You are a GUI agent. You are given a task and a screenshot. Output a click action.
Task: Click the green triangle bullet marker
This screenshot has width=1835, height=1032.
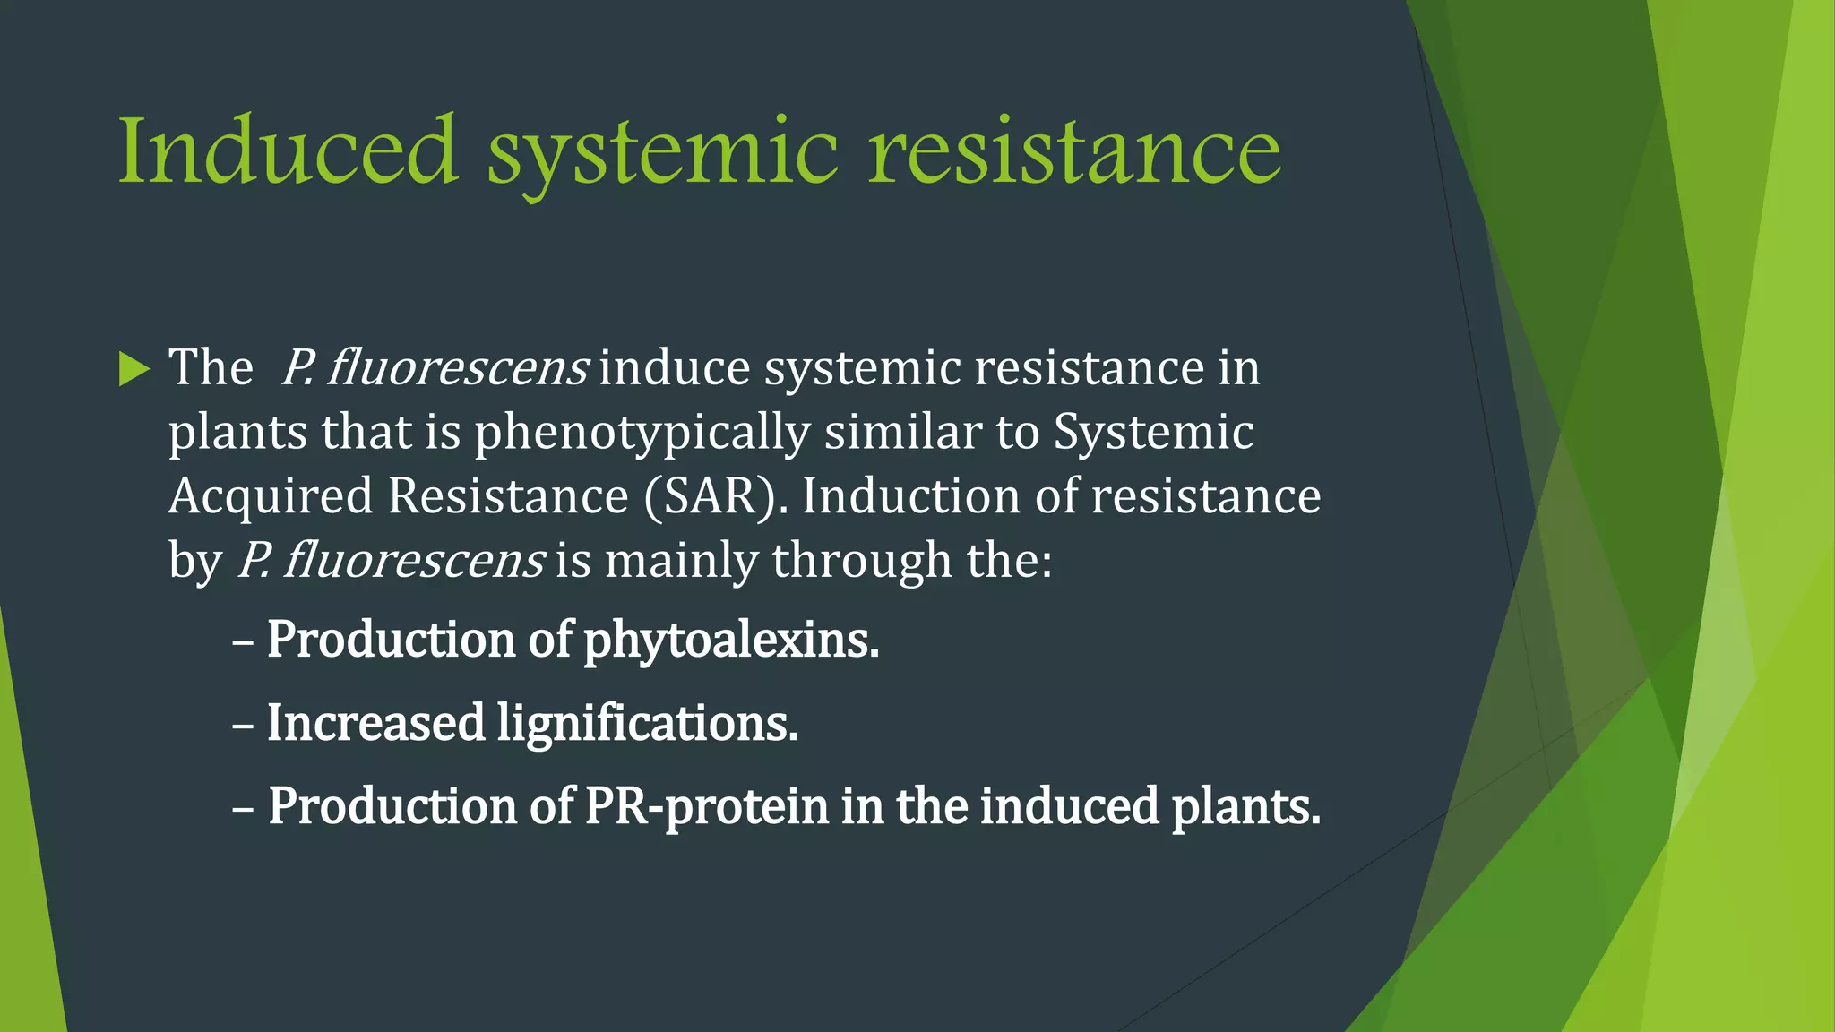pyautogui.click(x=134, y=369)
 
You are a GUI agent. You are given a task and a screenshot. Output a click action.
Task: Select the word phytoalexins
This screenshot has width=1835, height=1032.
pyautogui.click(x=731, y=641)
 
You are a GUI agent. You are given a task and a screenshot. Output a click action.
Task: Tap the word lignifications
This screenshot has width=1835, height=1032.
pyautogui.click(x=647, y=724)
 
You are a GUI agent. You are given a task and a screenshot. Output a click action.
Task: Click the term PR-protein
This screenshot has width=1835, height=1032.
pyautogui.click(x=706, y=806)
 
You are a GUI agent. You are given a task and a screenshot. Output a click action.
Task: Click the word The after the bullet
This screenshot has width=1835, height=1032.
pyautogui.click(x=211, y=367)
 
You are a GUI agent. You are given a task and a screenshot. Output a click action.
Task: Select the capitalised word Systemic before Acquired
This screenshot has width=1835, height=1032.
pyautogui.click(x=1153, y=434)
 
